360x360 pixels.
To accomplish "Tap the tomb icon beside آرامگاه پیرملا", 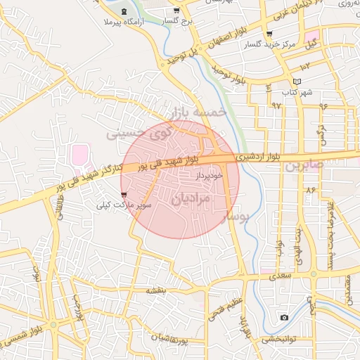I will coord(125,13).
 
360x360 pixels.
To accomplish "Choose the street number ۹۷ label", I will coord(276,106).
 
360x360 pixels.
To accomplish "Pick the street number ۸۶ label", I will coord(310,191).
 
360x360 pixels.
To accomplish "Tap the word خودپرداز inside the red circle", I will coord(210,173).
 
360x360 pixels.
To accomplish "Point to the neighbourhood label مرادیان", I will coord(191,199).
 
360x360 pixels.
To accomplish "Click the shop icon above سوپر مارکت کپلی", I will coord(124,194).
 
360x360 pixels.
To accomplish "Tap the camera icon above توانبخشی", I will coord(284,318).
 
